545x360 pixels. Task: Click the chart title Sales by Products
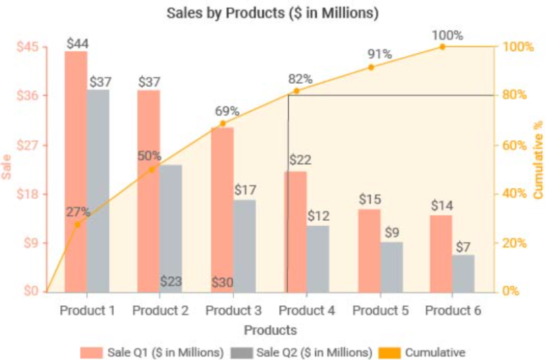272,13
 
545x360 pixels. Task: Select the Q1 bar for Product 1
76,170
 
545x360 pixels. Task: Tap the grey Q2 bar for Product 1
99,190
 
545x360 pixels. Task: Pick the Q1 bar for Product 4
296,231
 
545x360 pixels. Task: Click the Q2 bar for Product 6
463,273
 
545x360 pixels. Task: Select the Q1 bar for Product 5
369,250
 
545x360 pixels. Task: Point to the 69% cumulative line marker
223,124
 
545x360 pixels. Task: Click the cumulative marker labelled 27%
77,224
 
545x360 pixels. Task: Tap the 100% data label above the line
447,35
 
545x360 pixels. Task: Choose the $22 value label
300,160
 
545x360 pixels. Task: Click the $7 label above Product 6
463,246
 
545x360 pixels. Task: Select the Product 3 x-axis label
233,311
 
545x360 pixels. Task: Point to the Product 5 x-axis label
380,311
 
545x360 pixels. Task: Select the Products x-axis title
270,330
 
